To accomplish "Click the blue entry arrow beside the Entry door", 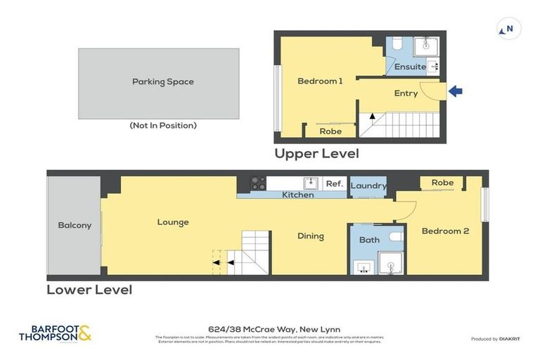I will point(456,91).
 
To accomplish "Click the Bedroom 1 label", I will point(320,81).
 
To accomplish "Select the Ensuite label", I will point(410,67).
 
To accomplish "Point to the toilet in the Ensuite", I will point(397,46).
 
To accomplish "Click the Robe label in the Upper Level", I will point(330,131).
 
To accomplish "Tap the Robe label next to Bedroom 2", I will point(442,182).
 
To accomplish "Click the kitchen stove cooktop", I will point(258,184).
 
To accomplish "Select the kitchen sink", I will point(310,184).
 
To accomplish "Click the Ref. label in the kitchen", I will point(334,184).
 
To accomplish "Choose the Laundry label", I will point(368,186).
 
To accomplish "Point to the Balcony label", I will point(75,225).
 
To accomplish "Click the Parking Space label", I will point(162,82).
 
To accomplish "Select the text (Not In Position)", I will point(162,125).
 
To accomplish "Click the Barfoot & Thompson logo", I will point(56,333).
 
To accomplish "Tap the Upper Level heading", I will point(316,153).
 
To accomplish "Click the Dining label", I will point(310,236).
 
